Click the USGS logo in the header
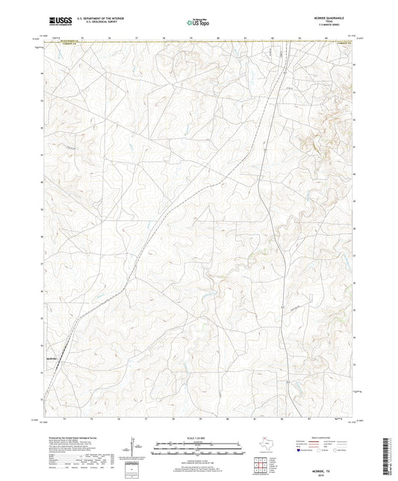point(56,22)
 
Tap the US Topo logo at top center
point(198,22)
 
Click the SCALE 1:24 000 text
point(198,438)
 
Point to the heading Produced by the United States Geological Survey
point(72,438)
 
